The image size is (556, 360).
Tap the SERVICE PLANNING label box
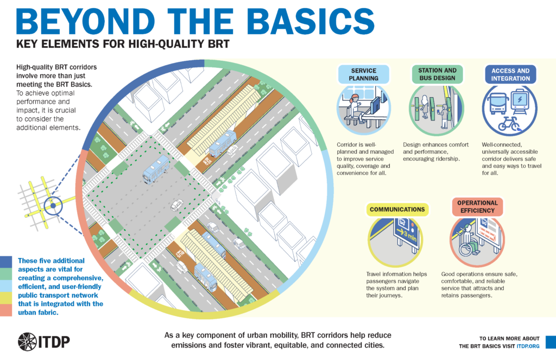[x=364, y=74]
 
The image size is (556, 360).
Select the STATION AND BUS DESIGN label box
[x=437, y=74]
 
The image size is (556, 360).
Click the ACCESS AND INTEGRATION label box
[x=510, y=74]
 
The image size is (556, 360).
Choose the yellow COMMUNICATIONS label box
[x=397, y=209]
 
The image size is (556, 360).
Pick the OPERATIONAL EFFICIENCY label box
[x=473, y=207]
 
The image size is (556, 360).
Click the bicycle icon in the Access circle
[x=508, y=124]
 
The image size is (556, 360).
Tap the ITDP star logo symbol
[x=27, y=342]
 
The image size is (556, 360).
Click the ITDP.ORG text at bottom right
[x=527, y=346]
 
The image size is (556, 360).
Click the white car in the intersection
[x=176, y=205]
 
